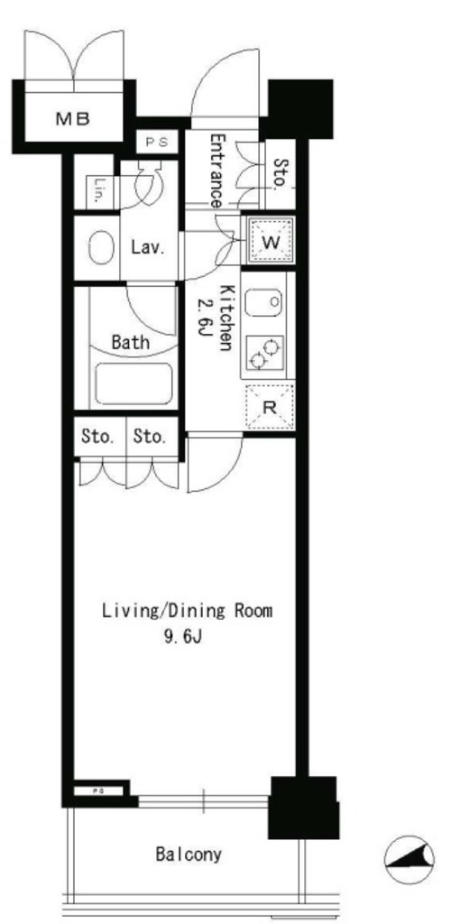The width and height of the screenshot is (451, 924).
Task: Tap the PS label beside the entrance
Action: (x=157, y=142)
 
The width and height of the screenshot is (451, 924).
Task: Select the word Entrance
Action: (x=217, y=171)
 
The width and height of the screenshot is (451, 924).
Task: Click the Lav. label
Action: (x=147, y=248)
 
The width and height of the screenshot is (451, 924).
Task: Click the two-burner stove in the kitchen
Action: (x=265, y=353)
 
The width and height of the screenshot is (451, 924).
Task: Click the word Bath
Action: (x=130, y=342)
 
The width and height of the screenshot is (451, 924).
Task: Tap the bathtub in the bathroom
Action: (x=133, y=384)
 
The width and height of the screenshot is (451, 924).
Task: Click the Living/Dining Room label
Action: (x=188, y=611)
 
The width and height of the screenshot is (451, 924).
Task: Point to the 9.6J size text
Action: (x=182, y=637)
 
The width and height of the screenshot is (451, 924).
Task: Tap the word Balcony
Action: (x=189, y=854)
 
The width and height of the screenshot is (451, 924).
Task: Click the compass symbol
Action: (x=410, y=860)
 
